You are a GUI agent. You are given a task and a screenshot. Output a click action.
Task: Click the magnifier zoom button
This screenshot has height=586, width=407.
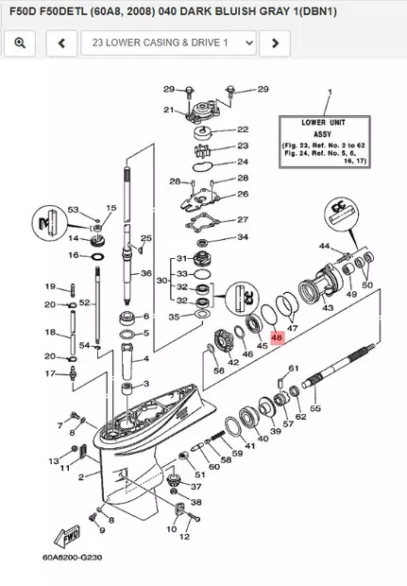coord(20,43)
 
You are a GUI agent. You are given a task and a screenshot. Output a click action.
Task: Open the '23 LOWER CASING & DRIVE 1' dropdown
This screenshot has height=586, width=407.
coord(168,43)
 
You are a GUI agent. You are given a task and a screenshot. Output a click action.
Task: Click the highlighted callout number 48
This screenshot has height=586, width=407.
coord(276,336)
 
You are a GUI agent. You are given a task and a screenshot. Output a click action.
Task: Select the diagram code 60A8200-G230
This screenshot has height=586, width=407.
coord(72,557)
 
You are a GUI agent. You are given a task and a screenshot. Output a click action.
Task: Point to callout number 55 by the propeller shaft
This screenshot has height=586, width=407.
coord(315,409)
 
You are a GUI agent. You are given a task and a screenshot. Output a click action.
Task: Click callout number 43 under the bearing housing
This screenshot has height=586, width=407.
coord(329,308)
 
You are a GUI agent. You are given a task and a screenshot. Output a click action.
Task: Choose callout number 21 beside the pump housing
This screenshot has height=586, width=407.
coord(168,111)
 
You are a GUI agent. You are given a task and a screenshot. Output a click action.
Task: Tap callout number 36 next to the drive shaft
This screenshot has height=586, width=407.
coord(146,273)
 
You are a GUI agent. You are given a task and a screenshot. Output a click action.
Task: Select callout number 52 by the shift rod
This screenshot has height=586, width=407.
coord(84,302)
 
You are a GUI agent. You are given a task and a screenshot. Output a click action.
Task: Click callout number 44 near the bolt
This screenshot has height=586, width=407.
coord(324,246)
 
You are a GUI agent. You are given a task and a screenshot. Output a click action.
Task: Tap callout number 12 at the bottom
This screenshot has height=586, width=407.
coord(184,536)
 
